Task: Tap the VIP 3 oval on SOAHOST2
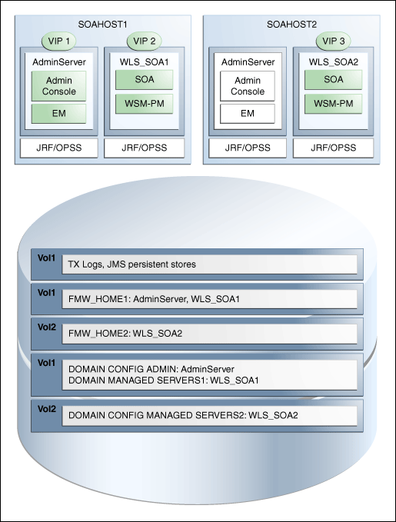[333, 41]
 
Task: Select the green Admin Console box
[58, 85]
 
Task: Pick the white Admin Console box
[247, 85]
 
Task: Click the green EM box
[58, 113]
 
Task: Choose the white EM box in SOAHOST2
[247, 113]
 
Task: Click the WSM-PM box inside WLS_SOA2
[333, 102]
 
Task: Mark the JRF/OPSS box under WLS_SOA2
[333, 148]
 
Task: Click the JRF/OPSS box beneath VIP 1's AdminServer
[58, 148]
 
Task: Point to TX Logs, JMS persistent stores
[131, 264]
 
